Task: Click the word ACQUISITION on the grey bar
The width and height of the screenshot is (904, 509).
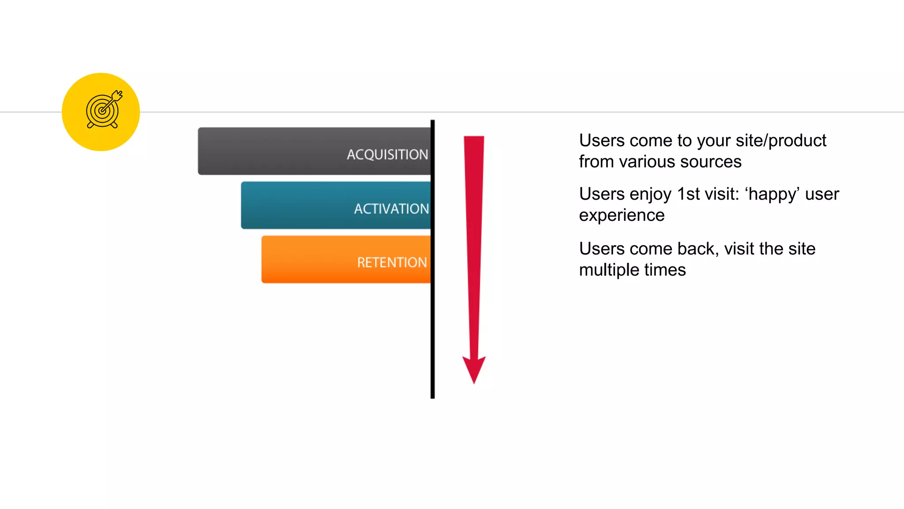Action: (387, 155)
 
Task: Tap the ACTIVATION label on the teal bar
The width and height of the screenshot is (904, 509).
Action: (391, 209)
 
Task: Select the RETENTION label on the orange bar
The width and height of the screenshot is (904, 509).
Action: (392, 262)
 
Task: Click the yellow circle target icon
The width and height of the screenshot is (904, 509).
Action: (101, 112)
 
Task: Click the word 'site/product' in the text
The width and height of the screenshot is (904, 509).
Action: (781, 141)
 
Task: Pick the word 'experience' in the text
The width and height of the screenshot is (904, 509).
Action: (621, 215)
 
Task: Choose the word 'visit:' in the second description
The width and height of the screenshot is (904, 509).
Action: (719, 194)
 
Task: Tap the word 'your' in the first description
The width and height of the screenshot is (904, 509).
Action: (711, 141)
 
